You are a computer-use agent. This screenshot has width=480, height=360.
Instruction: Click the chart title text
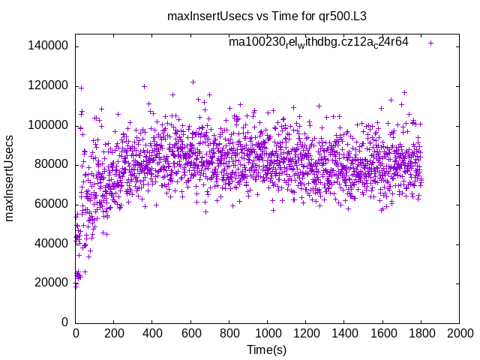[x=266, y=16]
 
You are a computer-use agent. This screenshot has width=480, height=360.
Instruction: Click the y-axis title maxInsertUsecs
[x=10, y=178]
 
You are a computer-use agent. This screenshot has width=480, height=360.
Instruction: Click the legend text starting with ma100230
[x=319, y=43]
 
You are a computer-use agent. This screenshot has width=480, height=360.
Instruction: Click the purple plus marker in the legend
[x=430, y=43]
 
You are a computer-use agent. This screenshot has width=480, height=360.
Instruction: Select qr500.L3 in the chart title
[x=344, y=16]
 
